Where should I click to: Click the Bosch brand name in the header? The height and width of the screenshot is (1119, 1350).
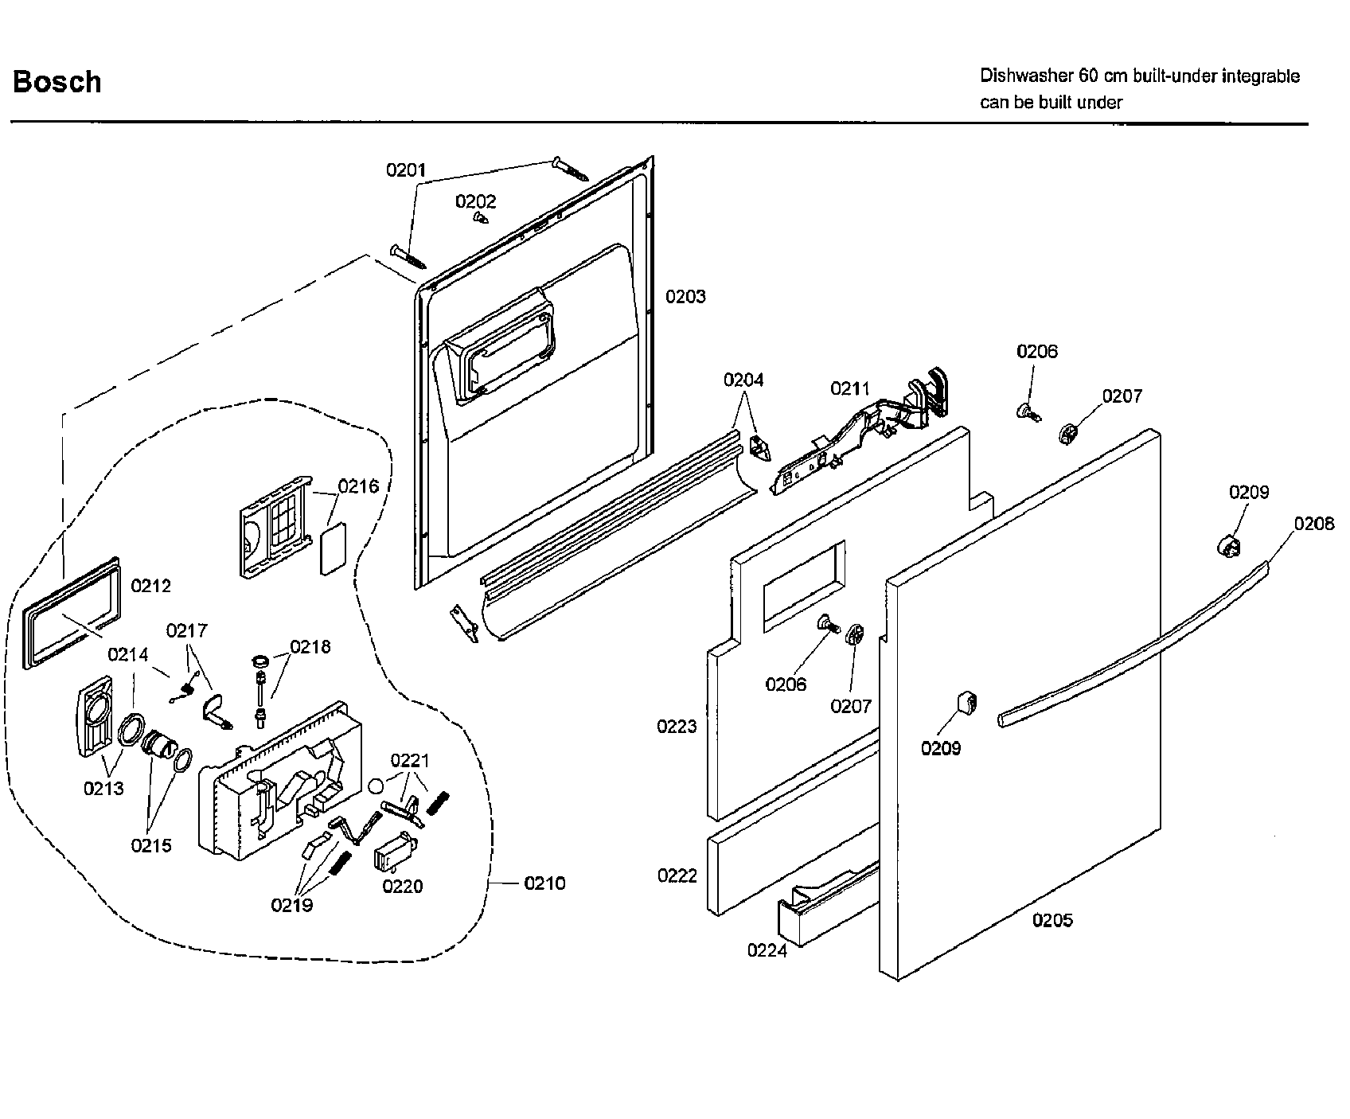(57, 82)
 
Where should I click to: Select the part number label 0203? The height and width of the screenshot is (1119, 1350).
(685, 297)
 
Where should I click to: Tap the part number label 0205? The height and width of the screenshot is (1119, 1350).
(1052, 920)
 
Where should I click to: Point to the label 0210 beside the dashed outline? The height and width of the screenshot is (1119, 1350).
(544, 883)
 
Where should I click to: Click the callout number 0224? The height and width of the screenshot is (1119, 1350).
(767, 950)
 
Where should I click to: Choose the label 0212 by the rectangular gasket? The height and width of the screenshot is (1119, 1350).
(150, 586)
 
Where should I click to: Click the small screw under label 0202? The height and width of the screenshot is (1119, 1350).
(480, 216)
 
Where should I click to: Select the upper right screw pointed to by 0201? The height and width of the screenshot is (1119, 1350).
(570, 168)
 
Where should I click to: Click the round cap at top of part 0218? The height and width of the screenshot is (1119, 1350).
(260, 661)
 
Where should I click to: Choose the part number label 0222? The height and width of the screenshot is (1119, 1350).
(677, 875)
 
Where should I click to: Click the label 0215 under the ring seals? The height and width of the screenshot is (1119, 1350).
(150, 845)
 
